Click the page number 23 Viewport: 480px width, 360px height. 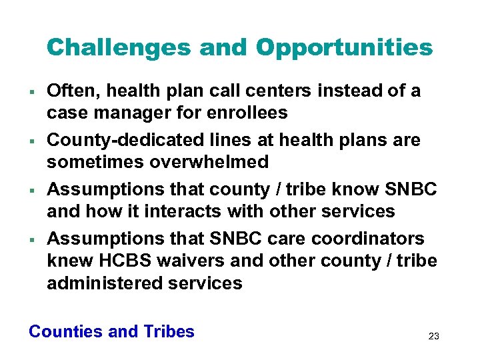[x=433, y=336]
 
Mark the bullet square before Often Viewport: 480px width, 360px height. [x=31, y=91]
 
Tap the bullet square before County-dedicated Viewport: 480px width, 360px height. [x=31, y=141]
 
